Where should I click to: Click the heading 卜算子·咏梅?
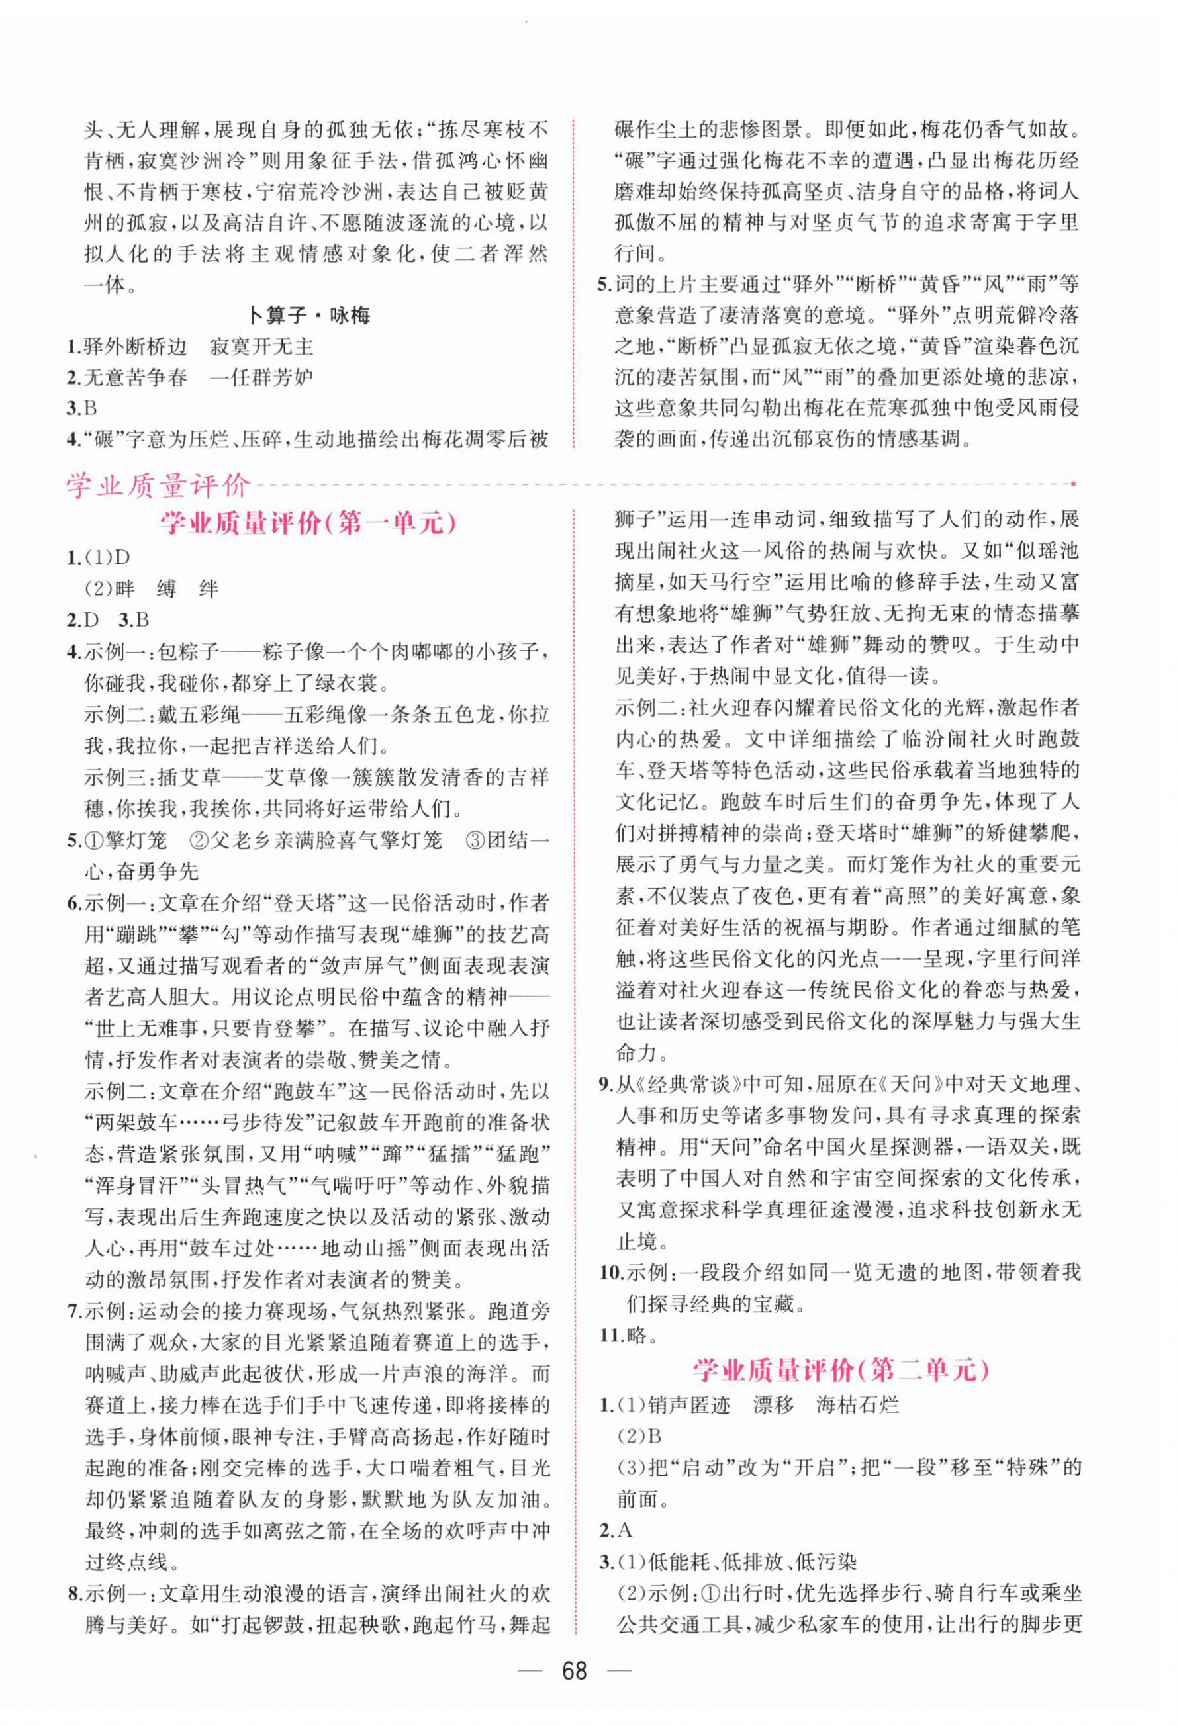(x=308, y=316)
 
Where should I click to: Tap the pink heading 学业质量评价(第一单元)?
(x=308, y=524)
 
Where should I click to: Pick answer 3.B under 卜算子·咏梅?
(x=83, y=408)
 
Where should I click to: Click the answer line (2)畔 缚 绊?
(x=152, y=588)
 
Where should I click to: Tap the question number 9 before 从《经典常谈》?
(x=606, y=1085)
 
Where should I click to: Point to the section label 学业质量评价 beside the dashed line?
(x=158, y=486)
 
